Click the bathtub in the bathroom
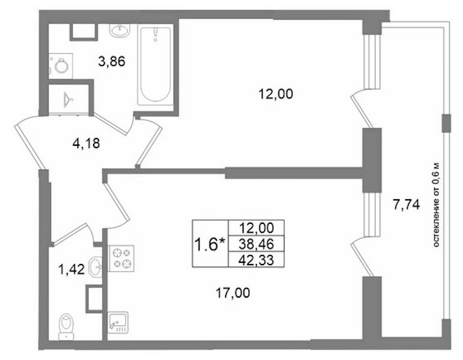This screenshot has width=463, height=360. pos(156,65)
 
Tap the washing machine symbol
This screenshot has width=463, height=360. pos(61,66)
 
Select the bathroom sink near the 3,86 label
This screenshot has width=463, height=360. pos(120,30)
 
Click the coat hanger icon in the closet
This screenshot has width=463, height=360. pos(68,100)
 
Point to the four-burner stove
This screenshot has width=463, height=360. pos(121,258)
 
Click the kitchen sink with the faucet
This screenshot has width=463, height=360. pos(118,322)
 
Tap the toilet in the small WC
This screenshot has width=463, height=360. pos(67,326)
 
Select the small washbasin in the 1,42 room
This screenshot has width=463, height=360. pos(95,266)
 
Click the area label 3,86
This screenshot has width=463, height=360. pos(112,62)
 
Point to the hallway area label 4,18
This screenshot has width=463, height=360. pos(86,143)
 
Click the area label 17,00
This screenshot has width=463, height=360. pos(233,293)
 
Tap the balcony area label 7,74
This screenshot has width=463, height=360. pos(406,204)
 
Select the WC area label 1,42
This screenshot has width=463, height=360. pos(72,269)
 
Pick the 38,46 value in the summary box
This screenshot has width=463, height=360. pos(256,244)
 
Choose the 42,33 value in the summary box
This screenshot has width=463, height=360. pos(256,260)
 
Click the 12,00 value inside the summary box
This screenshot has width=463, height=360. pos(256,228)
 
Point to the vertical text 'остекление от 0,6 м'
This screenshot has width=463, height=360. pos(437,205)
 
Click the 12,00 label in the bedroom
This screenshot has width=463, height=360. pos(276,94)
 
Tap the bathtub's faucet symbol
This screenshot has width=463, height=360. pos(156,35)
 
